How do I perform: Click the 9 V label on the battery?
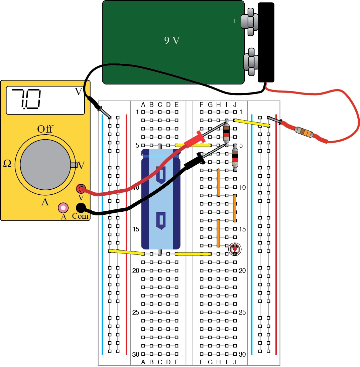click(x=172, y=41)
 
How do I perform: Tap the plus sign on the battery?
click(x=235, y=21)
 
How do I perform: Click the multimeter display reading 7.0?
click(x=45, y=100)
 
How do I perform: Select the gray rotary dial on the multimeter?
click(x=45, y=165)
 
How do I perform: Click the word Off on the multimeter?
click(x=45, y=129)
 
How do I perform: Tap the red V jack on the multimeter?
click(x=81, y=189)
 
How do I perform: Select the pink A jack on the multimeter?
click(x=63, y=208)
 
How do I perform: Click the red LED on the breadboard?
click(x=235, y=249)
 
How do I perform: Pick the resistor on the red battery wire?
click(x=304, y=133)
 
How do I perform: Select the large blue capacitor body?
click(x=160, y=200)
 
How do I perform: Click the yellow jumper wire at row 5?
click(x=193, y=146)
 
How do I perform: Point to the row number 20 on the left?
click(x=136, y=270)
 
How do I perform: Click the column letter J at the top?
click(x=235, y=105)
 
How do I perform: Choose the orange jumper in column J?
click(x=235, y=208)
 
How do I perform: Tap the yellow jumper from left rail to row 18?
click(x=126, y=252)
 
